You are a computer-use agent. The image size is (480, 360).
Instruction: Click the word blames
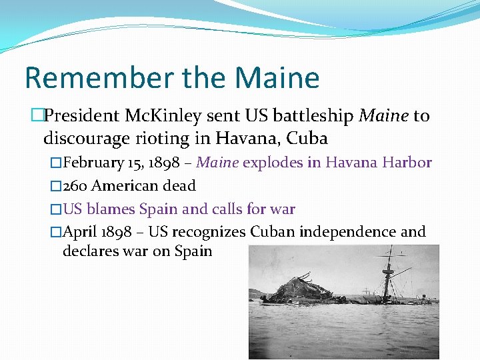click(111, 209)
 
